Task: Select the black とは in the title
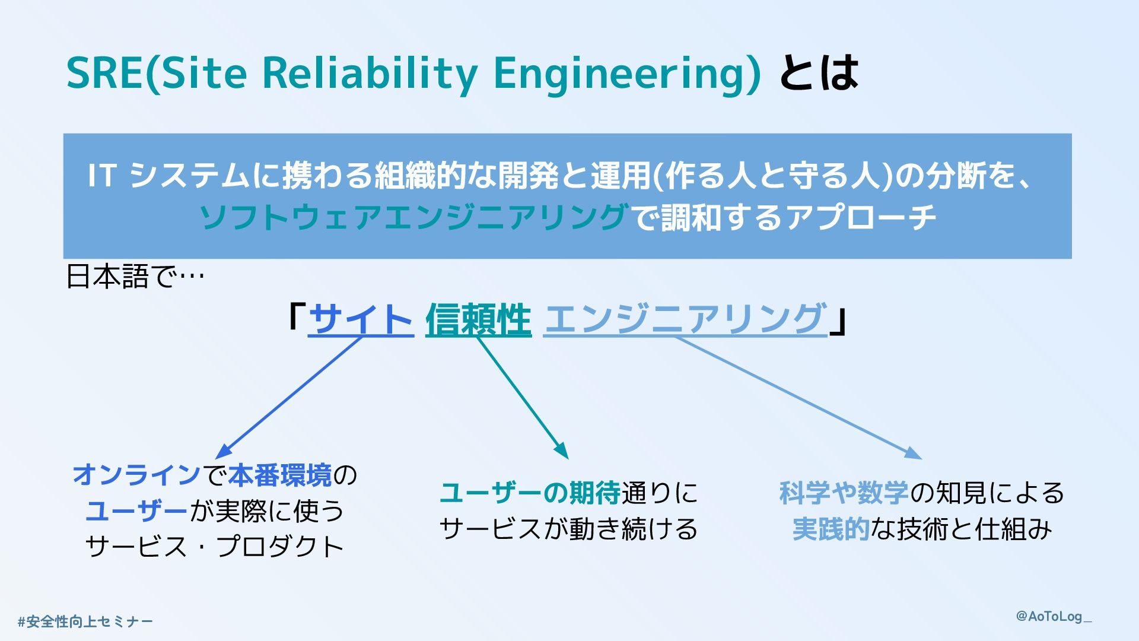[819, 73]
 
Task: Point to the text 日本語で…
[135, 277]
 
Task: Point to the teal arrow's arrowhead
[564, 453]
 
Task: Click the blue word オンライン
[136, 475]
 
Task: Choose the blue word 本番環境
[280, 475]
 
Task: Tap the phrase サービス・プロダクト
[215, 547]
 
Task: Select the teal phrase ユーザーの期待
[530, 493]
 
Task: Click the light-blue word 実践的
[831, 529]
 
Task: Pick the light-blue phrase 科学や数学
[844, 493]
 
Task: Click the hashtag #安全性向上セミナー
[85, 622]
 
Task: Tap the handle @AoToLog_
[1054, 616]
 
